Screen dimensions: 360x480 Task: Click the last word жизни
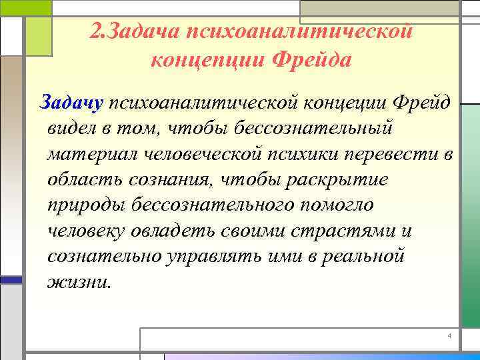[77, 282]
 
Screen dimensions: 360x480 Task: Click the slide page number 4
[450, 335]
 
